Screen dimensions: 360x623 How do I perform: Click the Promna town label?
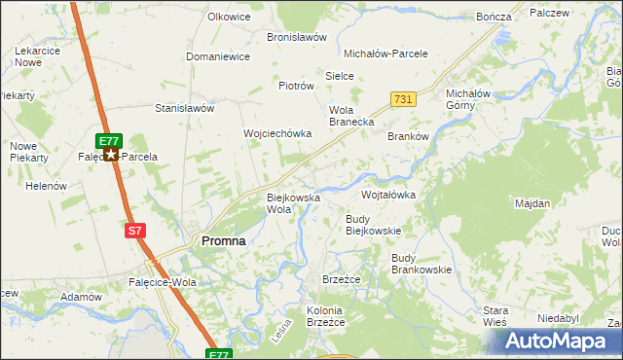point(223,240)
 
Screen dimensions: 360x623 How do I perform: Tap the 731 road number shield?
point(404,99)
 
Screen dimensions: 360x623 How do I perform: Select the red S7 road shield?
point(136,231)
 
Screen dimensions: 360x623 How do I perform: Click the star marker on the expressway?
point(112,155)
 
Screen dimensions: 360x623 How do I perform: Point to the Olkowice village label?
point(229,18)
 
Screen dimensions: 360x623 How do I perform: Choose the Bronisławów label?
point(297,37)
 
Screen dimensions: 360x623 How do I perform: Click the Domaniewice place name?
point(218,56)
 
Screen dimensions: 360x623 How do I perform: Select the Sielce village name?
point(339,75)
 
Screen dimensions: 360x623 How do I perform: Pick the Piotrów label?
point(297,86)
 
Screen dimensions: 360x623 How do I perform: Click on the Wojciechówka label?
point(276,133)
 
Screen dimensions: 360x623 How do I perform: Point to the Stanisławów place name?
point(184,108)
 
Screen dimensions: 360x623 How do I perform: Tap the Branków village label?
point(408,137)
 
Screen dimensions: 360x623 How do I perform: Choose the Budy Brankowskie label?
point(421,264)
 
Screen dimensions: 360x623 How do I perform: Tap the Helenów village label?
point(45,186)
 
